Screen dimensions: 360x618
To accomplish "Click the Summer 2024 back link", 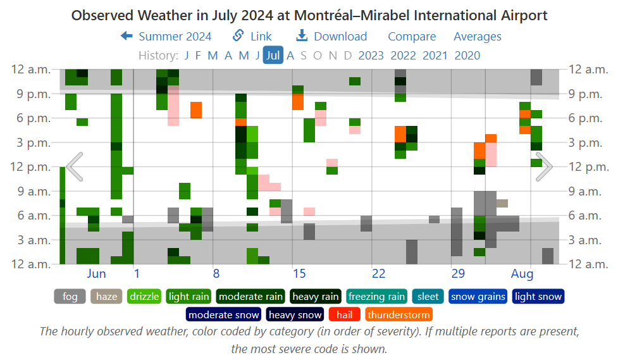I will [x=166, y=37].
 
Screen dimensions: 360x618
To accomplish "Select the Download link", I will [x=331, y=37].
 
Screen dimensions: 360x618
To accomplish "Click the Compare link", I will [x=412, y=37].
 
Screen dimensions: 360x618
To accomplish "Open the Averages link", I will [x=478, y=37].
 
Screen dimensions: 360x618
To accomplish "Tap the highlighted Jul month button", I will [x=273, y=55].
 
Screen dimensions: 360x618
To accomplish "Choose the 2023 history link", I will [x=371, y=55].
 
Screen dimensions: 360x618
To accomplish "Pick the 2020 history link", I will [x=467, y=55].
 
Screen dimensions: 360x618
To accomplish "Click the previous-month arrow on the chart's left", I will [x=75, y=166].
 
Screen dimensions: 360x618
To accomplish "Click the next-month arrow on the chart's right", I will [x=544, y=166].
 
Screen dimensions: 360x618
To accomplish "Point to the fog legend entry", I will [x=70, y=296].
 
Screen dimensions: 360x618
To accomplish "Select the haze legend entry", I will [x=107, y=296].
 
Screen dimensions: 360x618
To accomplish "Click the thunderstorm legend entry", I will [x=399, y=314].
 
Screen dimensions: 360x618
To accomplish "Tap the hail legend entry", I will [x=344, y=314].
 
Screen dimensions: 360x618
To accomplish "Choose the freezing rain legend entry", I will [x=376, y=296].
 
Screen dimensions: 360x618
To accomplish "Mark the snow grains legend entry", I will [x=478, y=296].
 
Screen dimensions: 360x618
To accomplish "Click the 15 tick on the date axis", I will [x=299, y=274].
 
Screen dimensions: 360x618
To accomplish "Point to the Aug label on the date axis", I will [x=522, y=274].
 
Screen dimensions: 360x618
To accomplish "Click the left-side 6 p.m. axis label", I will [x=30, y=118].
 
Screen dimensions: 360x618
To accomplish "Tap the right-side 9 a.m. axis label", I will [x=588, y=191].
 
